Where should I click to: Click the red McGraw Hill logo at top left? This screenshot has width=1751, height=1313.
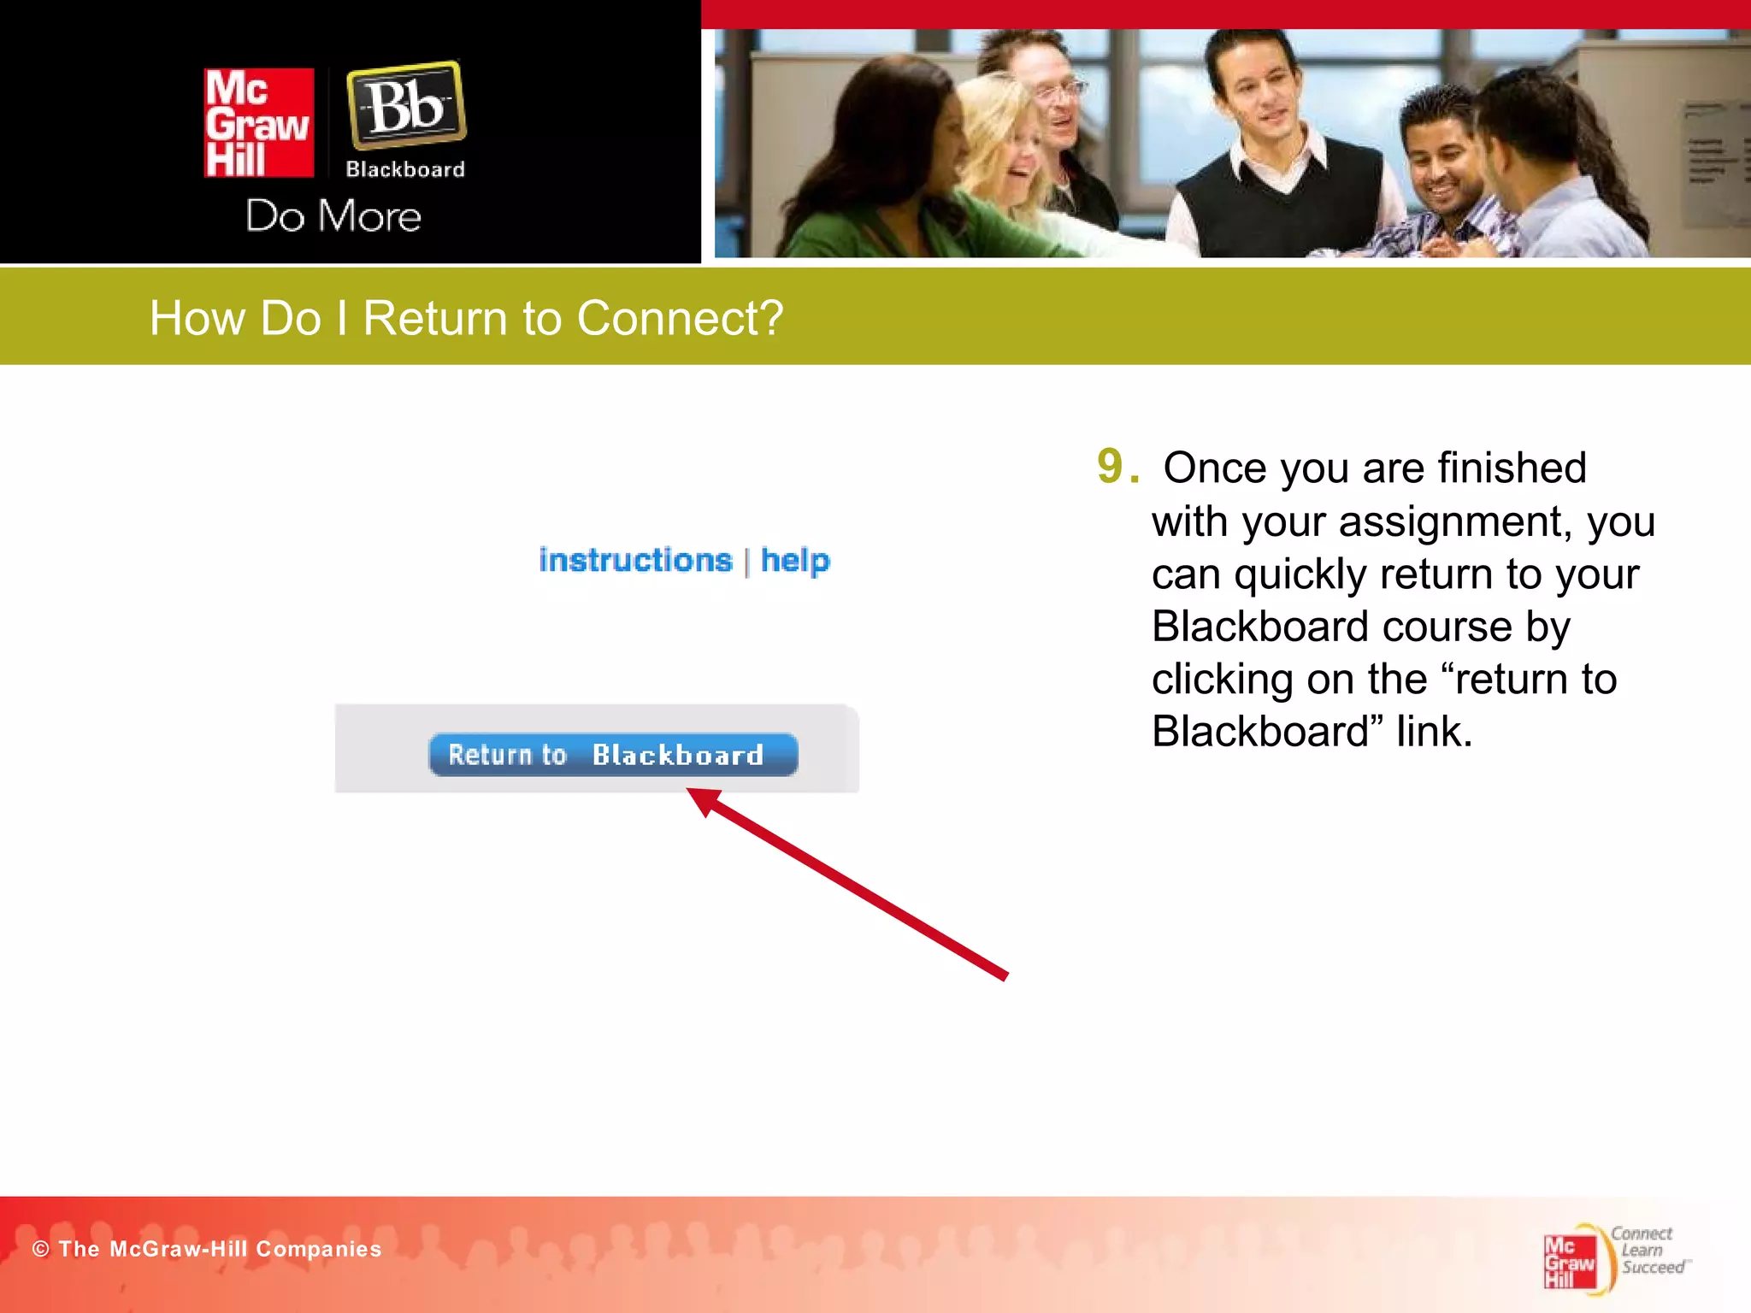coord(258,123)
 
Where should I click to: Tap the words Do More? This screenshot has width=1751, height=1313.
coord(333,216)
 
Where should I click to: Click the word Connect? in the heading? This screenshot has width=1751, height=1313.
coord(680,319)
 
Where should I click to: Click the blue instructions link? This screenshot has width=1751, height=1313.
coord(635,561)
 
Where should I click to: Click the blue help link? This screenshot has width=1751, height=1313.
coord(795,561)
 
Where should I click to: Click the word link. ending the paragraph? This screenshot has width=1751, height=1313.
coord(1434,732)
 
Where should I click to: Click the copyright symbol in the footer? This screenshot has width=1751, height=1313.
coord(40,1249)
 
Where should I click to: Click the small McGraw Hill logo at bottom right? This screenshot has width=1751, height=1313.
coord(1569,1262)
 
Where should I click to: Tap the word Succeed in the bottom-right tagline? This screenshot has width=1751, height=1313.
coord(1653,1268)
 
